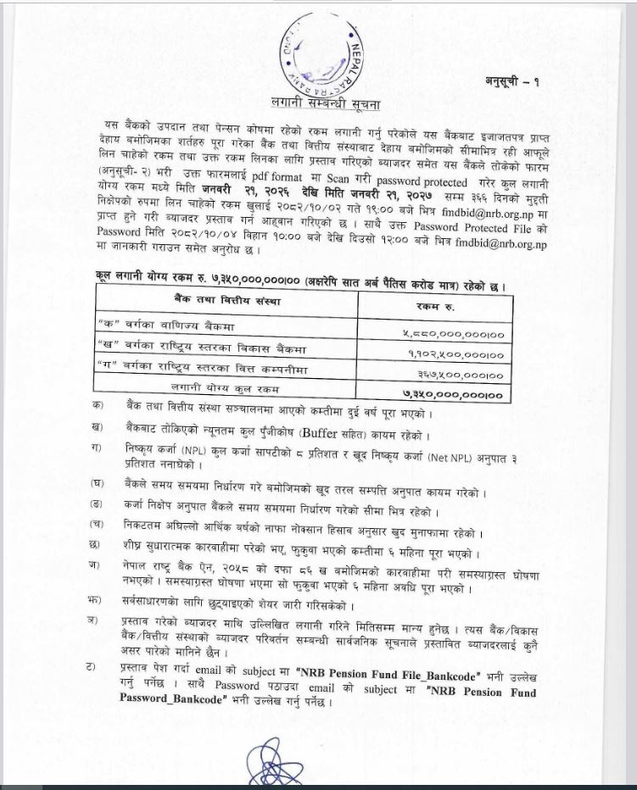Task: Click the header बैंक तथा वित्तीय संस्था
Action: click(228, 302)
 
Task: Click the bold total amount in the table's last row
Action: click(451, 394)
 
